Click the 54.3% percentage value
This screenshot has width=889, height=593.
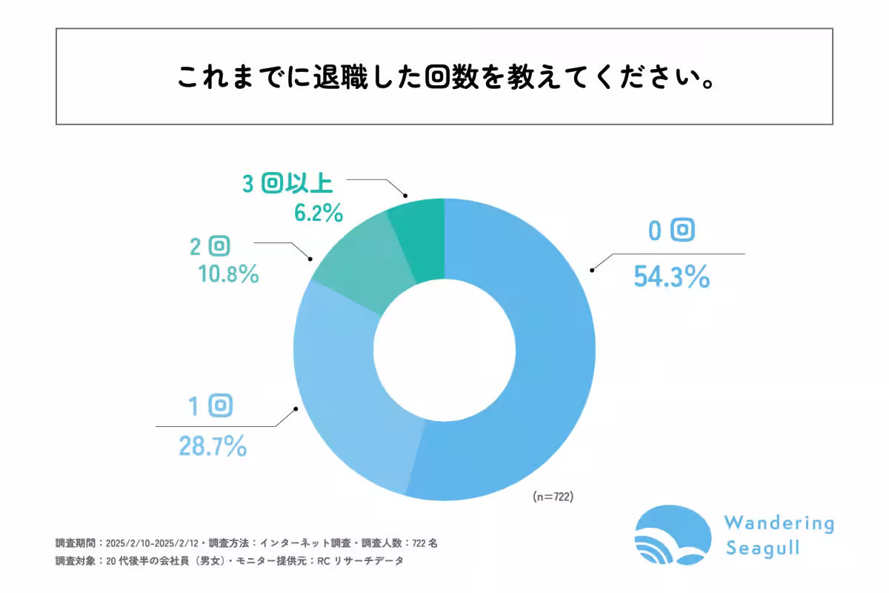click(671, 277)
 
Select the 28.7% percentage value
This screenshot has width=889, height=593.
click(212, 446)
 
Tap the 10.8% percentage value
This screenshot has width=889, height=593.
click(228, 274)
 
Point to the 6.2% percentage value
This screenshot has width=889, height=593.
click(319, 213)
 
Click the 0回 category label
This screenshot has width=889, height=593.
click(671, 231)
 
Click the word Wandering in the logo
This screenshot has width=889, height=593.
click(779, 523)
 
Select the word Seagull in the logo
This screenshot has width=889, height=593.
click(763, 549)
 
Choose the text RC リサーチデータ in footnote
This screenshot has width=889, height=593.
click(360, 561)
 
